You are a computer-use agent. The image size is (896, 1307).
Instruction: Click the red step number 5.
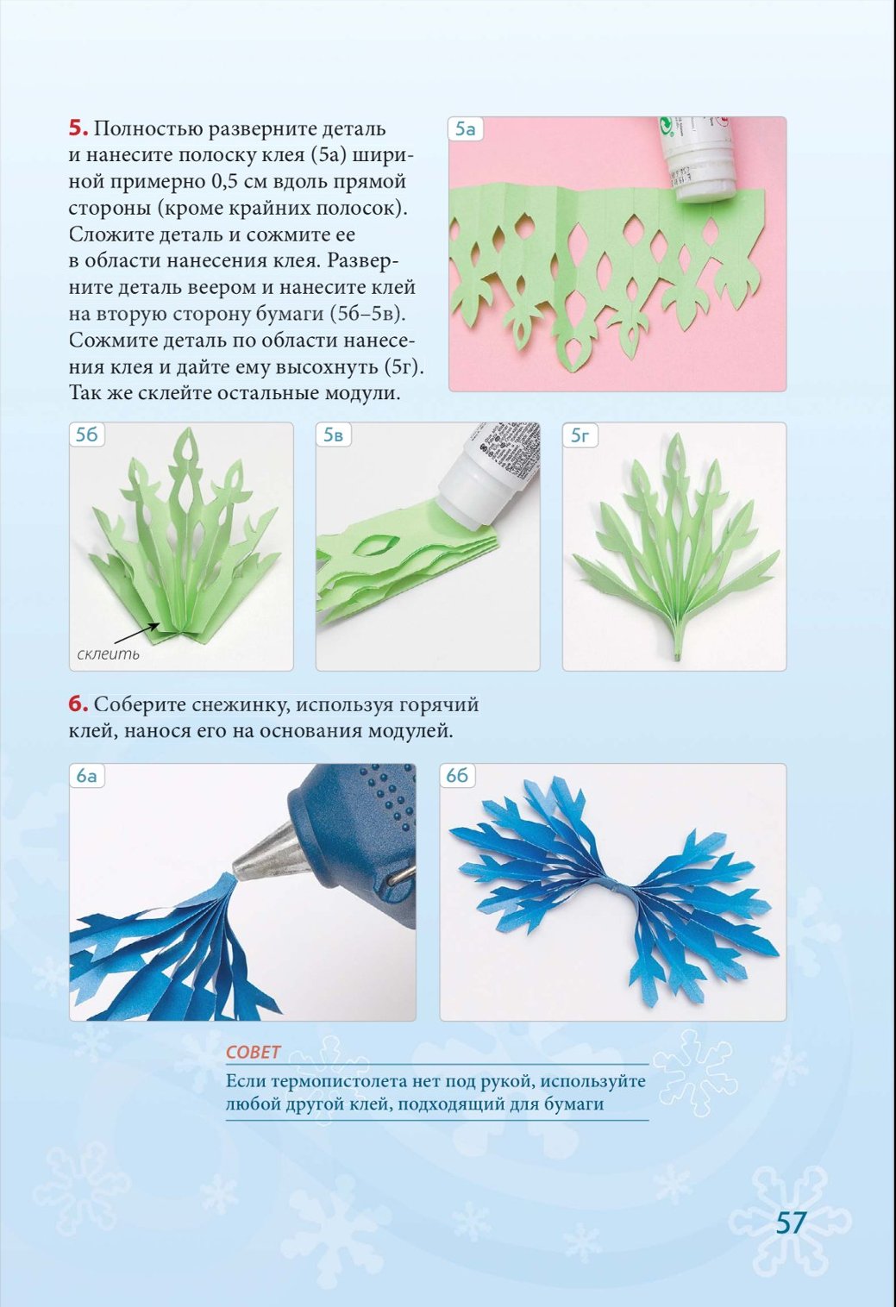coord(78,128)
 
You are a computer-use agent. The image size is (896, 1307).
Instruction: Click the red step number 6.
coord(78,704)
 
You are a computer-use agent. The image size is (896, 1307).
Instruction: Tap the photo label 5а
coord(465,129)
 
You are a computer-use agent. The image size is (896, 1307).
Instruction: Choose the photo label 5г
coord(580,435)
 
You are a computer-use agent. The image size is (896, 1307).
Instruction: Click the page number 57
coord(792,1223)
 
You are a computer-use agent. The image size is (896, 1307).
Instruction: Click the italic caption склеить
coord(109,653)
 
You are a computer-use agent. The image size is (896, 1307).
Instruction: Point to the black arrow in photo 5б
coord(141,632)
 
